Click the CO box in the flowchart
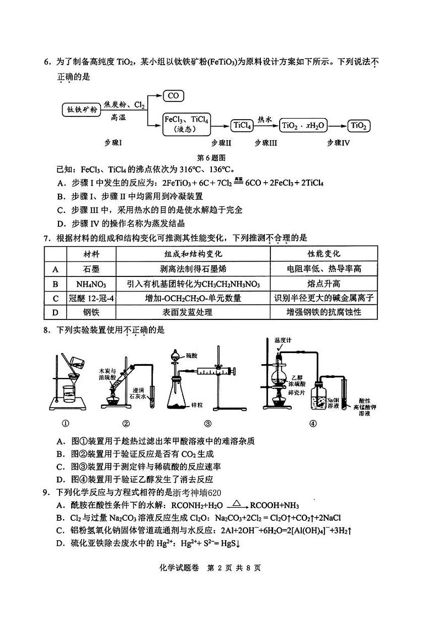[x=173, y=96]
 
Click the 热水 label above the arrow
[x=265, y=119]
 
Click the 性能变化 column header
[x=324, y=254]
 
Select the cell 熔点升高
[x=324, y=284]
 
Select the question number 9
[x=46, y=492]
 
